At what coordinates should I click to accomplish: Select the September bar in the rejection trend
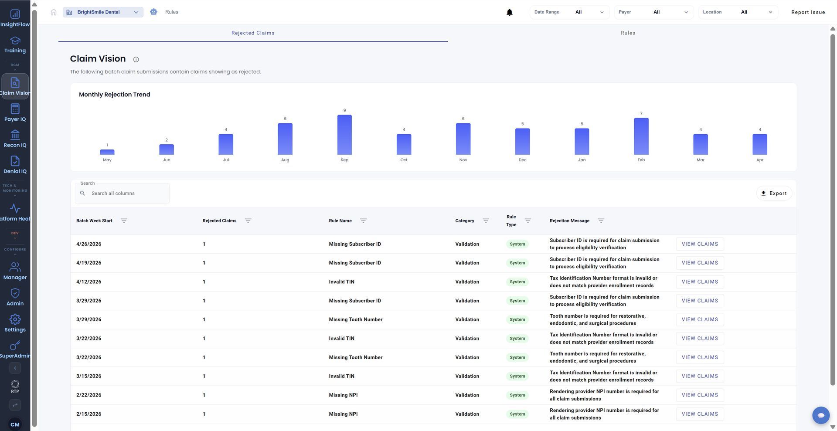pyautogui.click(x=344, y=135)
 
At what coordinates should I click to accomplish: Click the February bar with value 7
pyautogui.click(x=641, y=136)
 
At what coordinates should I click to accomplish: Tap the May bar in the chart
pyautogui.click(x=107, y=152)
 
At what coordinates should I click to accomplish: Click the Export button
pyautogui.click(x=774, y=193)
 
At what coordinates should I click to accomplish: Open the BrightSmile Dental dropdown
pyautogui.click(x=103, y=12)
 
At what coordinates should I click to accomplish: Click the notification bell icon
pyautogui.click(x=509, y=12)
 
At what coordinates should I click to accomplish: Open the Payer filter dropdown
pyautogui.click(x=653, y=12)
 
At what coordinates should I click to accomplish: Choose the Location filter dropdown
pyautogui.click(x=738, y=12)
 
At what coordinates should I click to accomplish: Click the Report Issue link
pyautogui.click(x=808, y=12)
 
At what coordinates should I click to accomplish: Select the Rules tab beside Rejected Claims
pyautogui.click(x=628, y=33)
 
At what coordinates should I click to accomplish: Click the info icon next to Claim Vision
pyautogui.click(x=136, y=60)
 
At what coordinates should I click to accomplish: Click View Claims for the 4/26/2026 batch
pyautogui.click(x=700, y=244)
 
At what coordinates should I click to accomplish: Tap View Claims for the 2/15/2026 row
pyautogui.click(x=700, y=414)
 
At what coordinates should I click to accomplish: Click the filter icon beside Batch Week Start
pyautogui.click(x=124, y=221)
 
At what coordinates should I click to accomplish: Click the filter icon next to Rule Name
pyautogui.click(x=363, y=221)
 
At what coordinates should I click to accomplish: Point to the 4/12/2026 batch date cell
pyautogui.click(x=89, y=282)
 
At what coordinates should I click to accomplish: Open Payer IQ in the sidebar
pyautogui.click(x=15, y=112)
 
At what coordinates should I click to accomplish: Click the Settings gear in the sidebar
pyautogui.click(x=15, y=323)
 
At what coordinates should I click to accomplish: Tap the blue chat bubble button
pyautogui.click(x=821, y=415)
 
